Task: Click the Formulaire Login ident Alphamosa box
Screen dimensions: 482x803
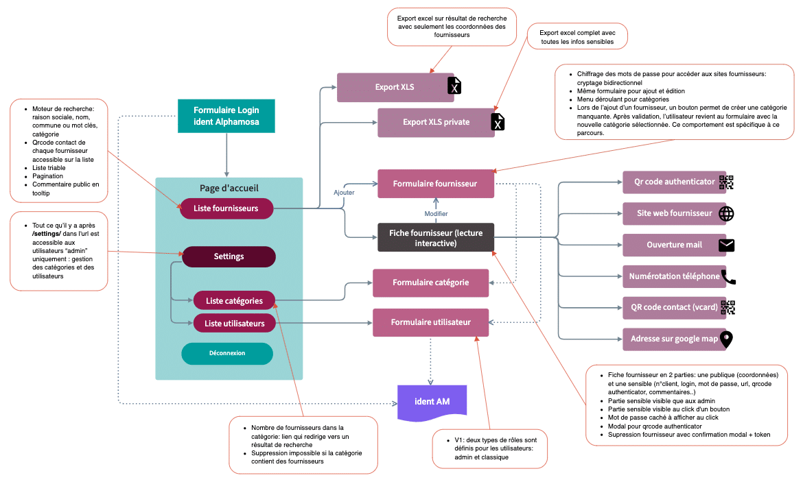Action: pyautogui.click(x=226, y=117)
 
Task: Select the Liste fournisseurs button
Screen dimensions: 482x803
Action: pyautogui.click(x=226, y=208)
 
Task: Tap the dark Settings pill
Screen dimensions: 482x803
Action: pyautogui.click(x=229, y=256)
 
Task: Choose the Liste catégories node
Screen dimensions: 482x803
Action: pyautogui.click(x=234, y=300)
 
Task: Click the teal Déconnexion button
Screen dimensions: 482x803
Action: pyautogui.click(x=227, y=353)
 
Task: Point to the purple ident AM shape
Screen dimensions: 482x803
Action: pyautogui.click(x=432, y=401)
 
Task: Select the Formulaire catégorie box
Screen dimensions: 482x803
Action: pyautogui.click(x=430, y=282)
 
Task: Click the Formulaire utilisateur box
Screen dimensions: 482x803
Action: pyautogui.click(x=431, y=322)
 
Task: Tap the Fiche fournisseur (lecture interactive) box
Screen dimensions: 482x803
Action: pyautogui.click(x=436, y=237)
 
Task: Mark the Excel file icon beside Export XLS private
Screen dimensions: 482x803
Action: pyautogui.click(x=498, y=122)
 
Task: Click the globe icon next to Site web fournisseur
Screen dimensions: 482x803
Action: pyautogui.click(x=726, y=213)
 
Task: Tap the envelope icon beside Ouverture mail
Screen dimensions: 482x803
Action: pyautogui.click(x=726, y=245)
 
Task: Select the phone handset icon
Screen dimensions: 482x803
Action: pyautogui.click(x=728, y=276)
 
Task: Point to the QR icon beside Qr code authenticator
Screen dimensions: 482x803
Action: pyautogui.click(x=726, y=182)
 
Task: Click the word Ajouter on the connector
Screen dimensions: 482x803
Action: pyautogui.click(x=344, y=193)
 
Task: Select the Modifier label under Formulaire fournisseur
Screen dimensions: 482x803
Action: pyautogui.click(x=436, y=213)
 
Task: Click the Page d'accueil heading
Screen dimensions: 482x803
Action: pyautogui.click(x=229, y=188)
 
